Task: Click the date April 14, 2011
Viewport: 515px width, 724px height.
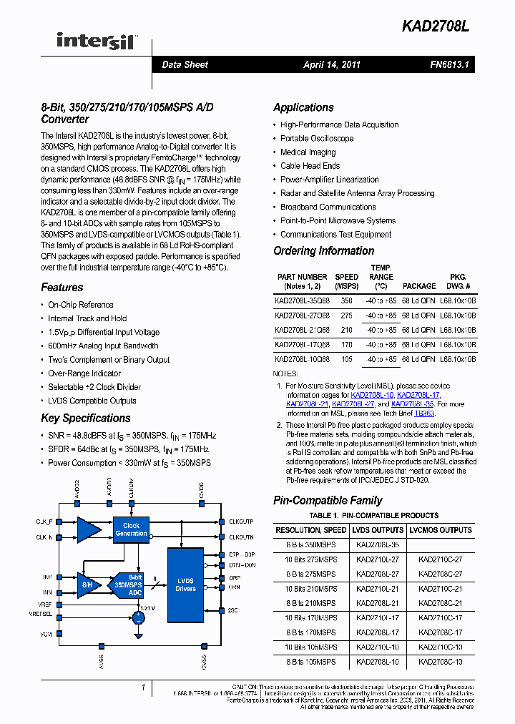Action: point(331,64)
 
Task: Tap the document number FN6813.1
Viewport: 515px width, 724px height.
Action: point(449,64)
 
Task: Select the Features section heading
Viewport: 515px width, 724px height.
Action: point(62,288)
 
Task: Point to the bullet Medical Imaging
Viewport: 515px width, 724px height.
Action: point(308,152)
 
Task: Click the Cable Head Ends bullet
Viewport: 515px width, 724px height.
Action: point(310,166)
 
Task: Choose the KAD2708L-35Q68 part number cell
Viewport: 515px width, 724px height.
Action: point(302,301)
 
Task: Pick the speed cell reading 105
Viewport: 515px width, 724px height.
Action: point(346,359)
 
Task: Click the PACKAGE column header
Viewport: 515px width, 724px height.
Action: point(418,285)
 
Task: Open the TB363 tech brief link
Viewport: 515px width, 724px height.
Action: point(424,414)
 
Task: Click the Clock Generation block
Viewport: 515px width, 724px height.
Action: point(131,529)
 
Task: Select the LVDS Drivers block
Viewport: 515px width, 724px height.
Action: point(185,584)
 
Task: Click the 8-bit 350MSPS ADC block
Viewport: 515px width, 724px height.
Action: point(129,584)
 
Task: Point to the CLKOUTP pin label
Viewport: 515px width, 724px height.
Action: point(241,522)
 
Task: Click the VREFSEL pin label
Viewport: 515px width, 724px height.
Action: point(41,614)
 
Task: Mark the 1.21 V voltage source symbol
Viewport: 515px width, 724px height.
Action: point(138,617)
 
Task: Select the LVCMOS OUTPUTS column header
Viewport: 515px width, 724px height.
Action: point(441,531)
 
